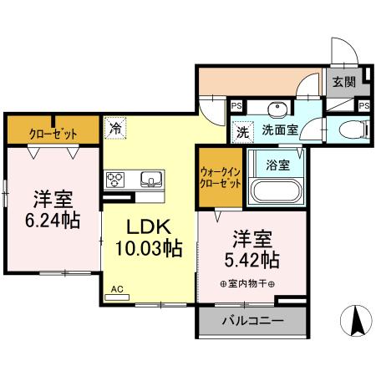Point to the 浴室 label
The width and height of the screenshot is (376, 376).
click(279, 165)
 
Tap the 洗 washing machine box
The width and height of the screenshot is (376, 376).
click(241, 130)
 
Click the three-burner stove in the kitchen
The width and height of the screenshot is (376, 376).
click(116, 179)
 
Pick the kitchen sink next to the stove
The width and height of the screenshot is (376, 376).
click(151, 179)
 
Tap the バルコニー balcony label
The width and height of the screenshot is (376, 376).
click(252, 321)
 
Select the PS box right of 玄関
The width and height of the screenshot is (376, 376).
click(363, 105)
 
